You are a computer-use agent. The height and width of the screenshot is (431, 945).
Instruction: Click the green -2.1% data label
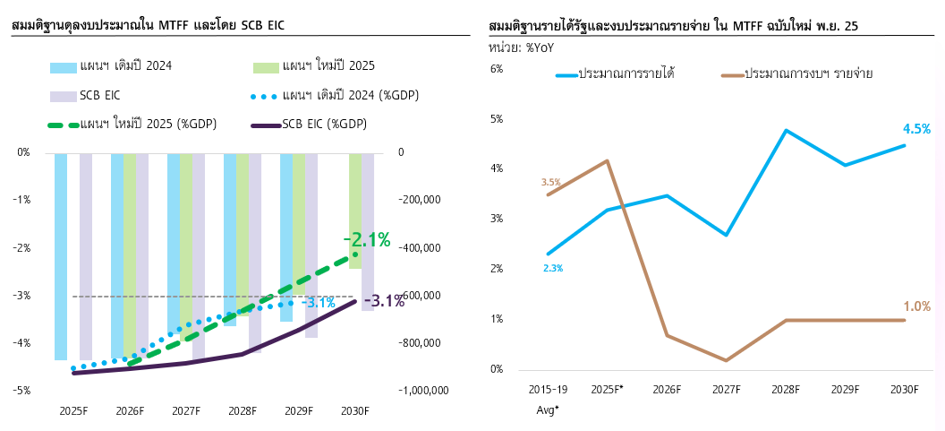pos(367,240)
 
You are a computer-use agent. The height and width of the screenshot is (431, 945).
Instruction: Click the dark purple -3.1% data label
pos(387,301)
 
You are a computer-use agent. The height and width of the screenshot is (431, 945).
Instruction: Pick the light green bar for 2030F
pos(355,211)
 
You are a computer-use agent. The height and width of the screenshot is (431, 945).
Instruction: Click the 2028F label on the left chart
pos(243,410)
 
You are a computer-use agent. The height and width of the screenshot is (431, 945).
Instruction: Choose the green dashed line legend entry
pos(149,124)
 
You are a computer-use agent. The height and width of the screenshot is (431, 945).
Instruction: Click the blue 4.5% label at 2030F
pos(916,129)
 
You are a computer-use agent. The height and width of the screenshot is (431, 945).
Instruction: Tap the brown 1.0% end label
pos(916,306)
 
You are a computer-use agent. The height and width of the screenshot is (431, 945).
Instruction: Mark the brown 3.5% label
pos(550,183)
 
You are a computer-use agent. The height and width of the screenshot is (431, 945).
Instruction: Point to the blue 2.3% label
pos(553,268)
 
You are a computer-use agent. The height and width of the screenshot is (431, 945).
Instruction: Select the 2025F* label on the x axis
pos(608,390)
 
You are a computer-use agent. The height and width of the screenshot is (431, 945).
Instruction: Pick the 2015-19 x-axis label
pos(549,390)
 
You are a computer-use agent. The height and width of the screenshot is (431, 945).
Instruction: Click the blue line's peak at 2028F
pos(786,131)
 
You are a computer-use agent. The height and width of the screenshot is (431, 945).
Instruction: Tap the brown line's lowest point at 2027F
pos(727,360)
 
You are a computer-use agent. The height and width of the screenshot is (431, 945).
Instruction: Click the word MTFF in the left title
pos(175,26)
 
